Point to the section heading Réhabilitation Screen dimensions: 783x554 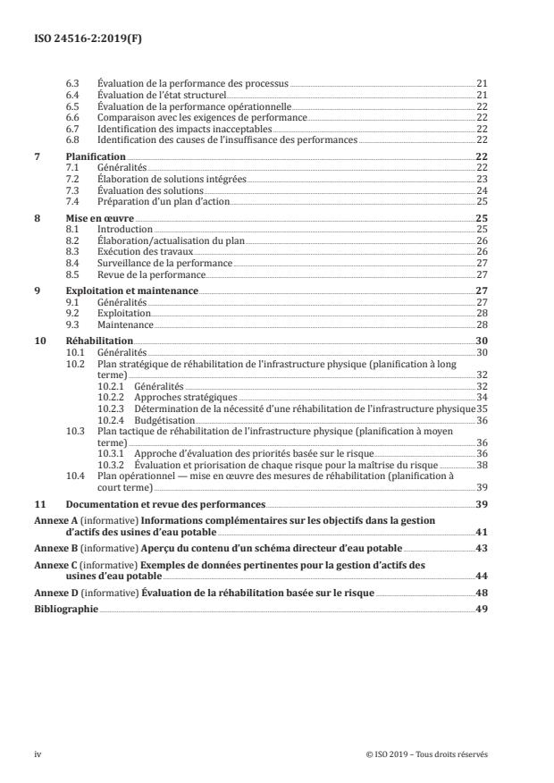pos(99,341)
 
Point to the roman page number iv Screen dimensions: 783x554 pos(38,754)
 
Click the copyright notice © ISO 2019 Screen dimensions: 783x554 pos(427,754)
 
